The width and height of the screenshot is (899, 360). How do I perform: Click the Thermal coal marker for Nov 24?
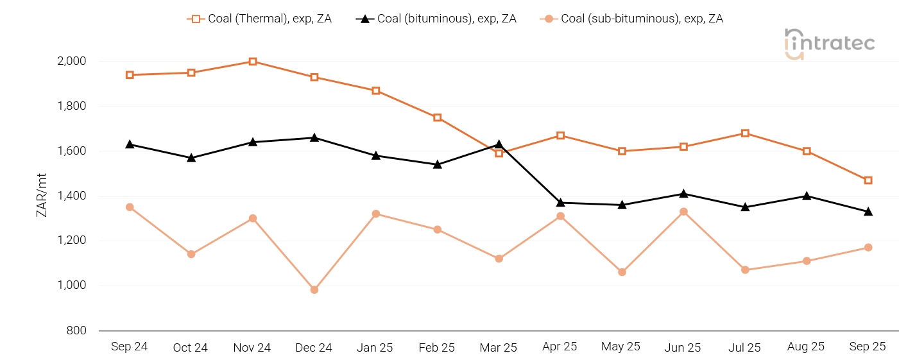coord(253,62)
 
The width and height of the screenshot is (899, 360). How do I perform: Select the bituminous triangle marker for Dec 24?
coord(314,137)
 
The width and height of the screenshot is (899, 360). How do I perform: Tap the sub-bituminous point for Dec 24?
coord(314,290)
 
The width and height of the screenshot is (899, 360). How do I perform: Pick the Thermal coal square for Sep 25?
coord(868,180)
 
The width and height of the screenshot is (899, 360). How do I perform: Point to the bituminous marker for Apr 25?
coord(561,203)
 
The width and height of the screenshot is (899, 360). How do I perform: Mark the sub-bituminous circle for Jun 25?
coord(683,212)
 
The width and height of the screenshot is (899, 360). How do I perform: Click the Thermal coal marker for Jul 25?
coord(745,133)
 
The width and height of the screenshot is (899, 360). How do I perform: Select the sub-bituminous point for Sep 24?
coord(130,207)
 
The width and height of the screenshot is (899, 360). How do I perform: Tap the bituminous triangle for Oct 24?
coord(191,157)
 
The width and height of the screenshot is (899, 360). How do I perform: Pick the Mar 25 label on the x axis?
coord(499,348)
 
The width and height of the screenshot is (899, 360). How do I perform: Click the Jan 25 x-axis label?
coord(375,348)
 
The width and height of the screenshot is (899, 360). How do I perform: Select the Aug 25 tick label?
coord(806,347)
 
